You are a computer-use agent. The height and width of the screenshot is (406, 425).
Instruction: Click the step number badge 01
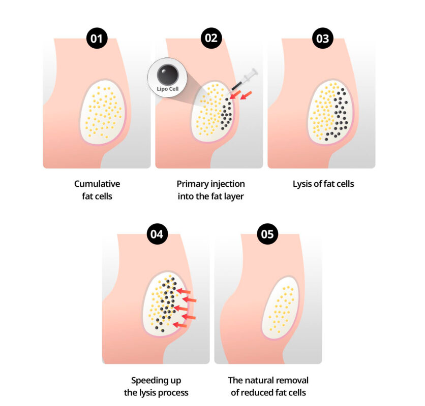97,38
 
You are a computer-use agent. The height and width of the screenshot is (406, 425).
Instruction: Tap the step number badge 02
211,38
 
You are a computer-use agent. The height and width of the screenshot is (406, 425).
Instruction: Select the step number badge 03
322,38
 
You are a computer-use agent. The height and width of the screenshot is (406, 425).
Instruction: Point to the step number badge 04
157,234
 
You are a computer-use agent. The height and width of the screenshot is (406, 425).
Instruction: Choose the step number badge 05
267,234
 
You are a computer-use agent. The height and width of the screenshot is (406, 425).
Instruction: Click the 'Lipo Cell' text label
168,89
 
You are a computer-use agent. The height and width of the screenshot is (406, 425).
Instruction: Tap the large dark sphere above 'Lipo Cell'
168,75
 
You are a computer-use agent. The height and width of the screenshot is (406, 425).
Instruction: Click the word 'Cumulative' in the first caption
97,184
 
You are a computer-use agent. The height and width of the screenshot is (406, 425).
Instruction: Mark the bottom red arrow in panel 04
180,325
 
